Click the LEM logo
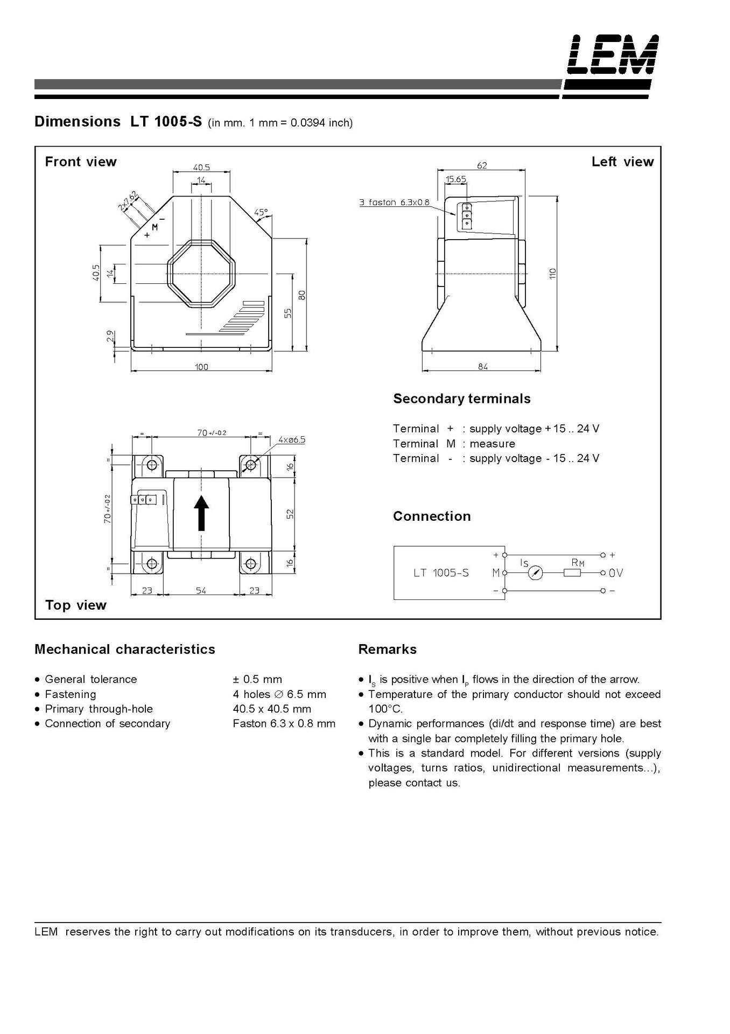pos(613,54)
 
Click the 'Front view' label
pos(81,162)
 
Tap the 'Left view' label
pos(622,162)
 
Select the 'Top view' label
pos(76,605)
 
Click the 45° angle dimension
pos(261,212)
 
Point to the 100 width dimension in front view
pos(201,367)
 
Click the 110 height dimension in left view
pos(552,274)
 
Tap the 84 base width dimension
pos(482,367)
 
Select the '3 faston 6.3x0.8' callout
pos(395,202)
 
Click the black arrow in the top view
pos(201,513)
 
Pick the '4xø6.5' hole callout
pos(292,440)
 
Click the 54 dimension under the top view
pos(201,591)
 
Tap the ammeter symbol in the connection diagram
pos(535,573)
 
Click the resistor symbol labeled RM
pos(572,573)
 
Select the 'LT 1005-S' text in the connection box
pos(441,573)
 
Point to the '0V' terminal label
pos(616,573)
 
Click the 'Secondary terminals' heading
pos(462,399)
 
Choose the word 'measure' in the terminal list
pos(492,444)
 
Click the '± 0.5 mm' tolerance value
pos(257,679)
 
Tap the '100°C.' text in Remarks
pos(385,709)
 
